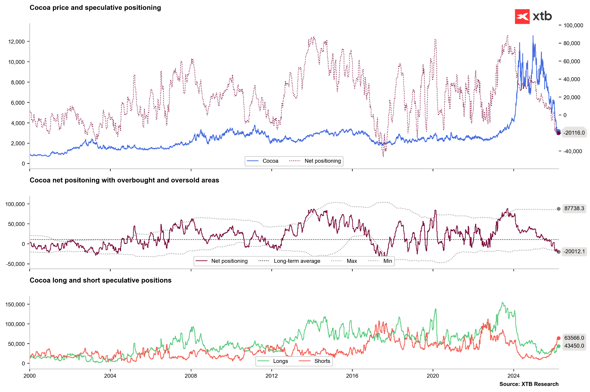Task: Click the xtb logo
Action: (x=533, y=16)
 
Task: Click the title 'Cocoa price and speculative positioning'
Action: (x=95, y=8)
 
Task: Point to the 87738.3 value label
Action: (x=574, y=208)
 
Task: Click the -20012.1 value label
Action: (x=574, y=252)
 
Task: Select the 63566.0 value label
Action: (x=574, y=338)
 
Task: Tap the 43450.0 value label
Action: (x=574, y=346)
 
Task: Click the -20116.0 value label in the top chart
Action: (x=574, y=133)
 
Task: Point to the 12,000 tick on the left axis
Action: (x=17, y=42)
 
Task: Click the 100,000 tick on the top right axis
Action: (x=573, y=26)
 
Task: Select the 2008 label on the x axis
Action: (x=191, y=376)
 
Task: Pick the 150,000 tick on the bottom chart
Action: (x=15, y=305)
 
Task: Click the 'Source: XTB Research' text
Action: (x=529, y=384)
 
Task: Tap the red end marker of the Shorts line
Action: (x=559, y=338)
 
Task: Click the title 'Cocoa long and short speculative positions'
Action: (x=101, y=280)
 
